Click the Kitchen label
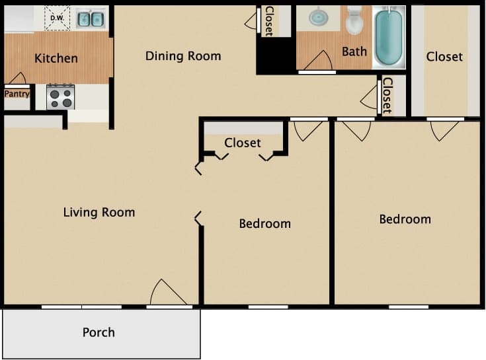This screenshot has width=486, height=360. click(x=56, y=58)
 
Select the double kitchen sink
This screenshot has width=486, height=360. click(x=90, y=19)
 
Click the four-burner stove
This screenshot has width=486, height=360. click(x=60, y=96)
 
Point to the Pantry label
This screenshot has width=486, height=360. click(x=17, y=94)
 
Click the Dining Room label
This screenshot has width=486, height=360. click(x=183, y=55)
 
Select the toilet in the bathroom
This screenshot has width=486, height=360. click(x=354, y=20)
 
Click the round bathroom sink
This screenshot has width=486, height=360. click(x=319, y=17)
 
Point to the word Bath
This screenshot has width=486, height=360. click(x=354, y=52)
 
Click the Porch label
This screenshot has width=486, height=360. click(x=99, y=332)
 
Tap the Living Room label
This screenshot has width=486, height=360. click(x=99, y=212)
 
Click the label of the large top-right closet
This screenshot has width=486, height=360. click(x=444, y=57)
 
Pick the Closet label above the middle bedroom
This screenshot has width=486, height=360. click(x=243, y=143)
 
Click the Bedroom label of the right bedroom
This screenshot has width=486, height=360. click(x=405, y=219)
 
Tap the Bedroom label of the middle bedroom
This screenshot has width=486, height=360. click(x=264, y=223)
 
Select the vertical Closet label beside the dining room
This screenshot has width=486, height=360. click(x=269, y=21)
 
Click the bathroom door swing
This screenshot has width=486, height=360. click(x=317, y=61)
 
